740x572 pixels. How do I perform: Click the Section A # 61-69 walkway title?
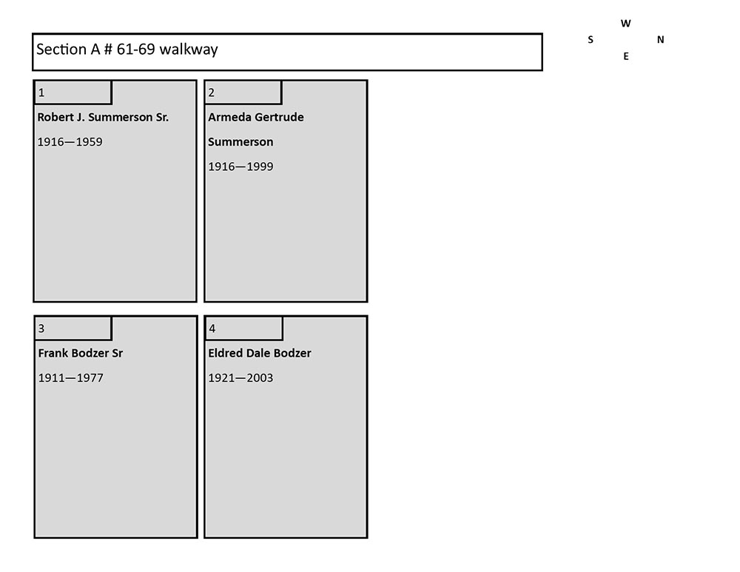(x=127, y=49)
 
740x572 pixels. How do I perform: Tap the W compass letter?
(x=626, y=24)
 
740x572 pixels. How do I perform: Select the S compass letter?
(x=591, y=40)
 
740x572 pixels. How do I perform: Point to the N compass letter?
(x=661, y=40)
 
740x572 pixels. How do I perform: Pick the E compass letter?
(x=626, y=57)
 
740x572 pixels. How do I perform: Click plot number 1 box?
(x=73, y=92)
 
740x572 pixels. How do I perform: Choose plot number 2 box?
(x=243, y=92)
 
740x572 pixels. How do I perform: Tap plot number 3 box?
(x=73, y=328)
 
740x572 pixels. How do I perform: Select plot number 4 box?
(x=244, y=328)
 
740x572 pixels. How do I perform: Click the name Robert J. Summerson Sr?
(x=103, y=117)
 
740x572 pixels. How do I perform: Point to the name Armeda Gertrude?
(x=256, y=117)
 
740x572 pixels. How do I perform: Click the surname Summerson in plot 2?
(x=240, y=141)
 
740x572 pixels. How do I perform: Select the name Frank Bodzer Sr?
(x=81, y=353)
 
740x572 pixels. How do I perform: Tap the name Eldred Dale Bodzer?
(x=260, y=353)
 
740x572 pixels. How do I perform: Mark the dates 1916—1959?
(x=70, y=142)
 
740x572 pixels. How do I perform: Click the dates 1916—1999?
(x=240, y=166)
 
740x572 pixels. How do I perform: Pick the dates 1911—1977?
(x=71, y=378)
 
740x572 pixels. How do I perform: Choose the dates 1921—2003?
(x=240, y=378)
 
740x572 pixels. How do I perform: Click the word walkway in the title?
(x=189, y=50)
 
